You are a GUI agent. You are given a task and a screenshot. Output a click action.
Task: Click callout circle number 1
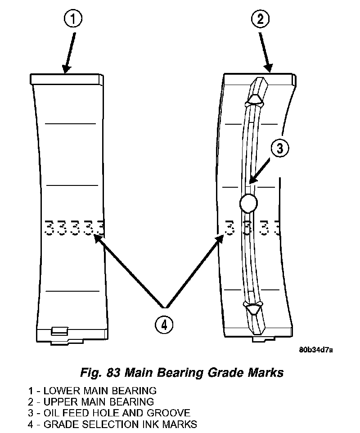tap(73, 19)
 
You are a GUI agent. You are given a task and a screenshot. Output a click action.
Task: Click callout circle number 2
tap(261, 19)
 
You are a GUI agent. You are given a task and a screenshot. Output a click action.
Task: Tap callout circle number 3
tap(280, 148)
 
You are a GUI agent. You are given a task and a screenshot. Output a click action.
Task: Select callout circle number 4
tap(164, 325)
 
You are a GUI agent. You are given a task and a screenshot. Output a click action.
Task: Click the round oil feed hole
tap(248, 203)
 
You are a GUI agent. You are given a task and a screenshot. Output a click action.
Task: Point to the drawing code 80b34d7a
tap(316, 350)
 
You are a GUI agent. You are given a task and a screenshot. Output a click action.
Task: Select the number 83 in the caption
tap(113, 373)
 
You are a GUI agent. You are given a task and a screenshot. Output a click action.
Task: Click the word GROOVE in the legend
tap(168, 413)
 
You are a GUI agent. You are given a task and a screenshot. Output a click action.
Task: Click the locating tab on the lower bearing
tap(60, 331)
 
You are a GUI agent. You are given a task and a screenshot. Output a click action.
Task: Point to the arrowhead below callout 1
tap(66, 68)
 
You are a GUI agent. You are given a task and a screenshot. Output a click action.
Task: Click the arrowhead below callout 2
tap(269, 67)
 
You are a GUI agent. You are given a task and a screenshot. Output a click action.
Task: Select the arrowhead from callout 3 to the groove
tap(252, 178)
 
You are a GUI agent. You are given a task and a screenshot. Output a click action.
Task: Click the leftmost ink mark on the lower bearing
tap(49, 228)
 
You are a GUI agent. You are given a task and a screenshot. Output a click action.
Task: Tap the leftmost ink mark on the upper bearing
tap(230, 228)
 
